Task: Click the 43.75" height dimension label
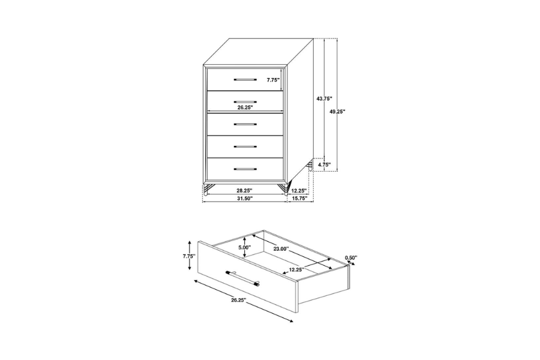[324, 98]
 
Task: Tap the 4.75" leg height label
[325, 164]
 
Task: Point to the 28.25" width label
[244, 190]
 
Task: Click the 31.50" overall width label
[244, 198]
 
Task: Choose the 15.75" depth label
[299, 198]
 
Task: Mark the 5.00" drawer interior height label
[244, 247]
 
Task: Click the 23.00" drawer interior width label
[281, 248]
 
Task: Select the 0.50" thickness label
[351, 258]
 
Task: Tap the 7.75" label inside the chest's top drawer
[273, 80]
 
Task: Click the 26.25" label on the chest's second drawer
[244, 108]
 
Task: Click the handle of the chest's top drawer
[245, 79]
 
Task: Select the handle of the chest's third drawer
[245, 124]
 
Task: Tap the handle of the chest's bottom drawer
[245, 169]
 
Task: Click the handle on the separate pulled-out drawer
[243, 279]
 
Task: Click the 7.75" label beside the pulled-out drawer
[190, 256]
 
